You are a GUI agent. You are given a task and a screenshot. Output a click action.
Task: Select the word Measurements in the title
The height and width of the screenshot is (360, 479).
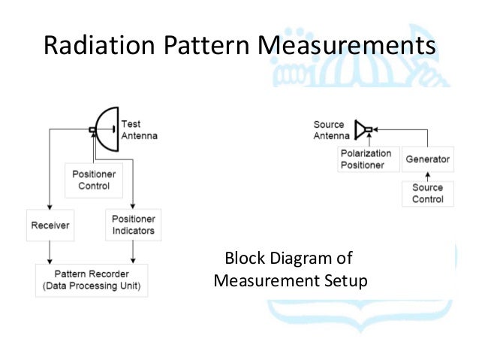[x=346, y=46]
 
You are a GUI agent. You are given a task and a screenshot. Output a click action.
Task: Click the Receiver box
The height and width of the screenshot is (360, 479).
[x=50, y=225]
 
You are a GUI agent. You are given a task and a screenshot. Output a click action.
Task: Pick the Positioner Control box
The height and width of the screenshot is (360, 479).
[x=95, y=179]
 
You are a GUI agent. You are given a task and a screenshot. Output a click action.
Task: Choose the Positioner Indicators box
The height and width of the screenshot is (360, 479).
[x=133, y=225]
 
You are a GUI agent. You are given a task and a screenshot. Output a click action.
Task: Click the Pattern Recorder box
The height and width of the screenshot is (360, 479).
[x=92, y=280]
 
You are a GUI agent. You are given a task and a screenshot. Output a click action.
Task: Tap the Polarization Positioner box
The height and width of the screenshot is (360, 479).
[x=368, y=159]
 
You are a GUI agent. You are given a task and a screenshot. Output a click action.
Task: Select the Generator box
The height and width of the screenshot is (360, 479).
[x=427, y=159]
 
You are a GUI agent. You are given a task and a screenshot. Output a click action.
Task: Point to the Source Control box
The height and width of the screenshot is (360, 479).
[x=427, y=193]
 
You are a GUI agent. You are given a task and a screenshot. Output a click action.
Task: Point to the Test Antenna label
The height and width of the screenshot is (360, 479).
[x=139, y=129]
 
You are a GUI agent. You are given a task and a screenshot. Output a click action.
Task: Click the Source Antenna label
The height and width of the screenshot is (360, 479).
[x=331, y=130]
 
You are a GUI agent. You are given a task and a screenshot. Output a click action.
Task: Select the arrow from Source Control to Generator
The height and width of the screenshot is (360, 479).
[x=427, y=177]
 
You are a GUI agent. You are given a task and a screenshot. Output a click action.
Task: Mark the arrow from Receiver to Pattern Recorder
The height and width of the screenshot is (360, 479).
[x=50, y=252]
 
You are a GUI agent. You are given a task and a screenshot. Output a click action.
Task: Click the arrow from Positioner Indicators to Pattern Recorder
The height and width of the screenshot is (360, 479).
[x=133, y=252]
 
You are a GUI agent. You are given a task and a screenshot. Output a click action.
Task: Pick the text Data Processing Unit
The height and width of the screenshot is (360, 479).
[x=92, y=286]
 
